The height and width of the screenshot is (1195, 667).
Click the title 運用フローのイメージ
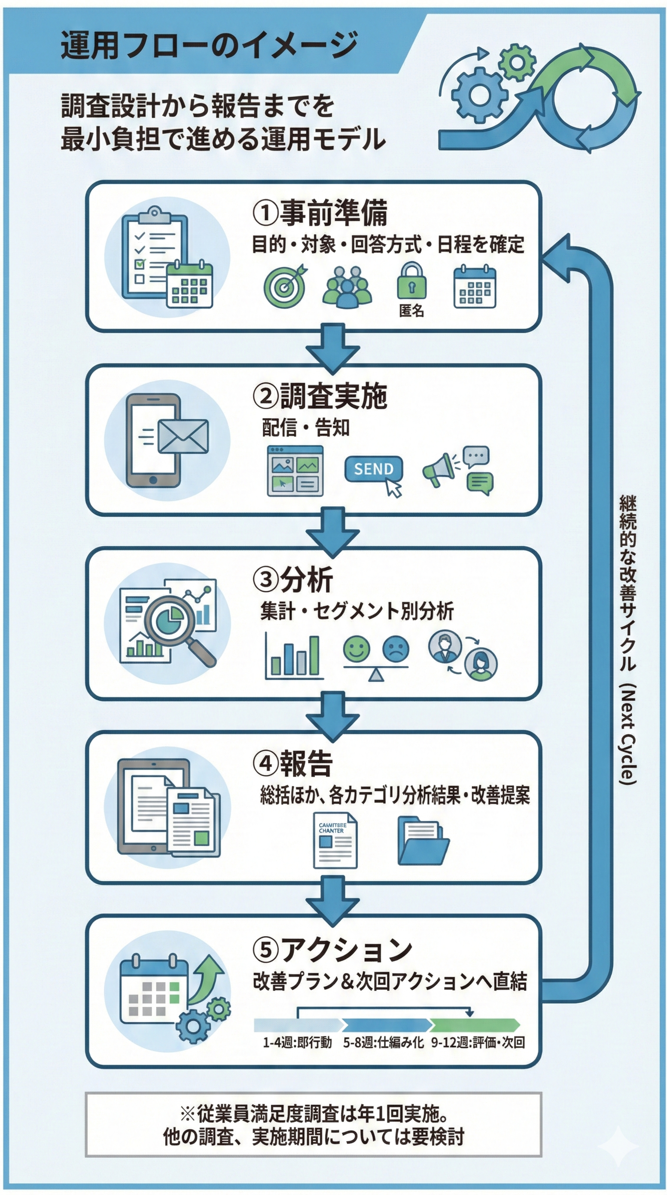(209, 45)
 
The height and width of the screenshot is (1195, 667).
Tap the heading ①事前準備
(320, 213)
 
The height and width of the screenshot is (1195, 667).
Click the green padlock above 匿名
(411, 281)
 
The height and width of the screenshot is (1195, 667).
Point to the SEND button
(373, 469)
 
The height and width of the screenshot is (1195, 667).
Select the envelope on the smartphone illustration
(183, 436)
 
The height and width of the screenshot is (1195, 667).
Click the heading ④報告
(293, 764)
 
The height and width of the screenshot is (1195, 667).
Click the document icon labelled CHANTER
(335, 840)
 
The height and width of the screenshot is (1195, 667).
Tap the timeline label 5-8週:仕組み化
(383, 1042)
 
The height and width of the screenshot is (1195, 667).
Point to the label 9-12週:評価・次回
(477, 1042)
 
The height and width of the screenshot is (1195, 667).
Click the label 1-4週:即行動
(297, 1042)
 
